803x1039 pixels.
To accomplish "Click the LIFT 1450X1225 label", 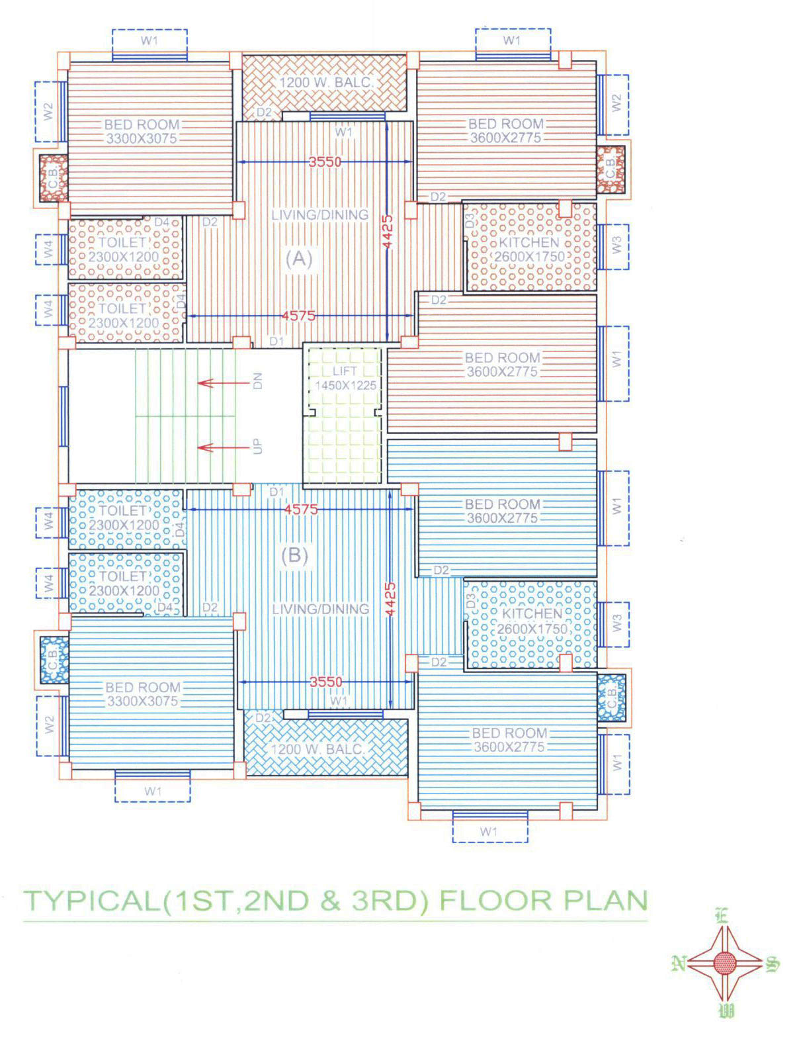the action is (345, 379).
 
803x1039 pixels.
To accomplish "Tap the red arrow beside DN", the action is (224, 383).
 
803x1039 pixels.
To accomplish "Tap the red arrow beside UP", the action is (224, 448).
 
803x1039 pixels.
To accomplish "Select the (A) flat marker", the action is (299, 259).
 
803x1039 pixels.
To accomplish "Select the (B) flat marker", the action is (295, 555).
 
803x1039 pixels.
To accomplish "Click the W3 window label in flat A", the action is (616, 246).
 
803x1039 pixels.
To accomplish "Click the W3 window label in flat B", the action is (616, 623).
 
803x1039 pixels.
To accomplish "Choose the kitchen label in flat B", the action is (532, 621).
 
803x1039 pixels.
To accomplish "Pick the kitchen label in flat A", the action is (529, 249).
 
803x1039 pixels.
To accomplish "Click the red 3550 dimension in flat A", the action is (325, 162).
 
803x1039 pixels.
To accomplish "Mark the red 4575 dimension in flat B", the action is (301, 509).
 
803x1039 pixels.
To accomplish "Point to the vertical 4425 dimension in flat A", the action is (388, 232).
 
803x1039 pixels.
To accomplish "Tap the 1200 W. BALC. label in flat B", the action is (317, 748).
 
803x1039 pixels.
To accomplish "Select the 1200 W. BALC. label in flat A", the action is (326, 82).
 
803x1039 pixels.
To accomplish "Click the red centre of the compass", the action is (725, 964).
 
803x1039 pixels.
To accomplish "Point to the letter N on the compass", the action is (677, 964).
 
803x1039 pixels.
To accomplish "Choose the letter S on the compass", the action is (773, 964).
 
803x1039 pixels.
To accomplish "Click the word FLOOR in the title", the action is (496, 900).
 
